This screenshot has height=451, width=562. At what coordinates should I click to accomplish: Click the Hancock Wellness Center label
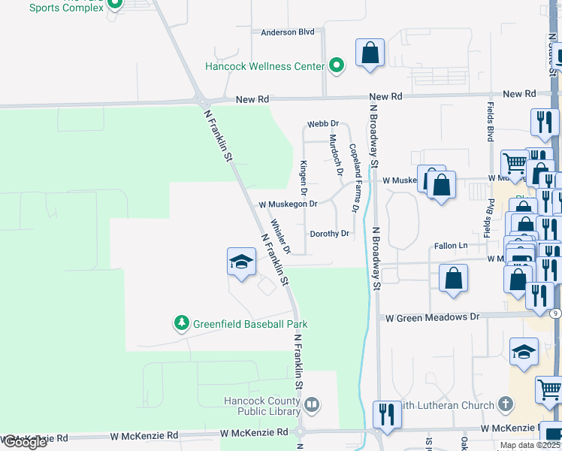point(264,66)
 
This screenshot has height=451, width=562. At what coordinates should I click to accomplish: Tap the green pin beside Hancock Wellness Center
point(337,66)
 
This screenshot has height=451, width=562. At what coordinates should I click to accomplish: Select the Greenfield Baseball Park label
point(250,324)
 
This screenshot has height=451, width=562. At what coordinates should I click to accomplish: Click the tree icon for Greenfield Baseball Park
point(181,323)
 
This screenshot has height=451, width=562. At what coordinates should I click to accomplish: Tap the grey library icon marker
point(312,407)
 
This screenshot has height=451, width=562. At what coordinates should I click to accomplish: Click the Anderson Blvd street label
point(287,32)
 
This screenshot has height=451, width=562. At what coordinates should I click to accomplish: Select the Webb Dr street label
point(323,123)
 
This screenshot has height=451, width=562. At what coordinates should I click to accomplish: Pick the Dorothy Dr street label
point(329,234)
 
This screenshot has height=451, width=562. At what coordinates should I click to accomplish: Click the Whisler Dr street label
point(280,236)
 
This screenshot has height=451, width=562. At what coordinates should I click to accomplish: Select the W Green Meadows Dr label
point(432,317)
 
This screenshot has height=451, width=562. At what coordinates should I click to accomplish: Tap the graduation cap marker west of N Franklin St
point(242,262)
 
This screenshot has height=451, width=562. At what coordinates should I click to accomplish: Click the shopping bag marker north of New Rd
point(370,53)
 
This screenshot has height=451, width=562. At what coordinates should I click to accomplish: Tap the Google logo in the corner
point(24,442)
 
